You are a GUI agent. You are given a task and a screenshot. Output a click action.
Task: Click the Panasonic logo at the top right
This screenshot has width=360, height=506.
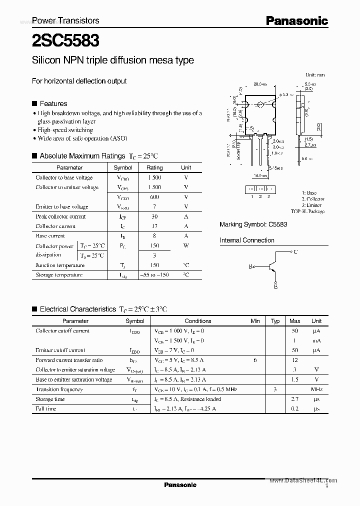[x=296, y=21]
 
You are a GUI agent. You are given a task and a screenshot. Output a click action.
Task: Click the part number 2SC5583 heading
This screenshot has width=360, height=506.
[x=65, y=39]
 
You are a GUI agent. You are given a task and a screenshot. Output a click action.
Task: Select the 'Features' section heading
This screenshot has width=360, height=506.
[x=53, y=103]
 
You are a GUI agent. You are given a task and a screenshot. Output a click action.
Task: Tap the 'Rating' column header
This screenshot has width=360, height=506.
[x=154, y=168]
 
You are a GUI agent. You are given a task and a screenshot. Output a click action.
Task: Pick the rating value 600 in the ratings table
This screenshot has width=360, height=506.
[x=154, y=197]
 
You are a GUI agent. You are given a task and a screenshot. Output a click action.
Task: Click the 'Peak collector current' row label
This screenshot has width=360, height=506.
[x=60, y=216]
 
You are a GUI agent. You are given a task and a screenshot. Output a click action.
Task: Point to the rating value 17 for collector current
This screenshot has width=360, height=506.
[x=154, y=226]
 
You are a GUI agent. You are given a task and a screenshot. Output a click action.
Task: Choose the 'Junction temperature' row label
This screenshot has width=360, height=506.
[x=60, y=265]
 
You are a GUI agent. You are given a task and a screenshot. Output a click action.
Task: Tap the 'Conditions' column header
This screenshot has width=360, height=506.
[x=198, y=321]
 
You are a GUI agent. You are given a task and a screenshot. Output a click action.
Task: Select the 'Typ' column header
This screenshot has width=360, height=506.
[x=275, y=321]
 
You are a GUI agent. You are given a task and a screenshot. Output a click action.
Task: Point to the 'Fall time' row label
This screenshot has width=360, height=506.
[x=46, y=409]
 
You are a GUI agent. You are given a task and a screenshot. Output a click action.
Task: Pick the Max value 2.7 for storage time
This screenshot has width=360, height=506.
[x=295, y=399]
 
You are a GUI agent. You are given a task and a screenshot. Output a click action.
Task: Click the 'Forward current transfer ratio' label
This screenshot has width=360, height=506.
[x=69, y=360]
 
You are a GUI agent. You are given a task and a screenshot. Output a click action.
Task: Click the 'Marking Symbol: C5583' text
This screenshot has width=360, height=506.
[x=253, y=225]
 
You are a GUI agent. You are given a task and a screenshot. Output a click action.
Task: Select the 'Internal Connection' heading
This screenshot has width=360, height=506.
[x=247, y=240]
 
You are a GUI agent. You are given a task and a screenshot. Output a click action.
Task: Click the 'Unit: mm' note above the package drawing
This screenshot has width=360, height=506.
[x=315, y=75]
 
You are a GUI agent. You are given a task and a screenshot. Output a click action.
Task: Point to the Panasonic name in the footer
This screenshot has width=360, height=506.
[x=180, y=485]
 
